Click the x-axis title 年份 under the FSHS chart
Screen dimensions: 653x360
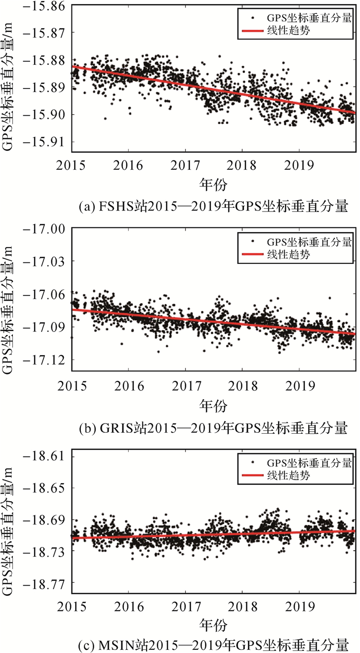pos(213,184)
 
